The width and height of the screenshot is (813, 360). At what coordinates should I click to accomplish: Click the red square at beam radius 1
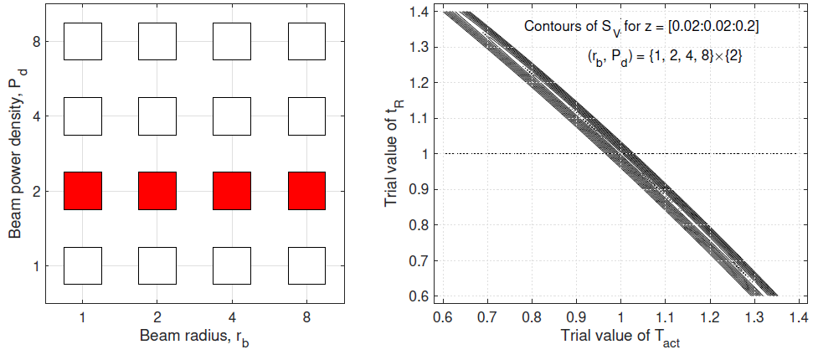coord(83,191)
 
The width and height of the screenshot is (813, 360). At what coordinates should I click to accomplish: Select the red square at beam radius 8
coord(306,191)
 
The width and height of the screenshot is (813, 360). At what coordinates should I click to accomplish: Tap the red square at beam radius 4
coord(232,191)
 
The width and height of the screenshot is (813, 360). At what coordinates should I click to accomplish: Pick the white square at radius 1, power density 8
coord(83,42)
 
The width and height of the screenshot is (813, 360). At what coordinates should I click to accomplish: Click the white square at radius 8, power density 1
coord(306,266)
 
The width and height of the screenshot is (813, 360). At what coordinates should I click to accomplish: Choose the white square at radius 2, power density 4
coord(157,116)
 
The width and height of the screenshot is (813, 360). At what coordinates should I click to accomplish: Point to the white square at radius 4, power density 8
coord(232,42)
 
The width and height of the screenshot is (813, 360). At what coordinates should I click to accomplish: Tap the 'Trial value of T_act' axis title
coord(621,339)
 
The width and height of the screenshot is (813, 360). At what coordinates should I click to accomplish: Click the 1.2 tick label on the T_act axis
coord(709,316)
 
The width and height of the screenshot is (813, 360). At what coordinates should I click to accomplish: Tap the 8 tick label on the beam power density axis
coord(49,42)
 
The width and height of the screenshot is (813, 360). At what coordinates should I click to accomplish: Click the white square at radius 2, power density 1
coord(157,266)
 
